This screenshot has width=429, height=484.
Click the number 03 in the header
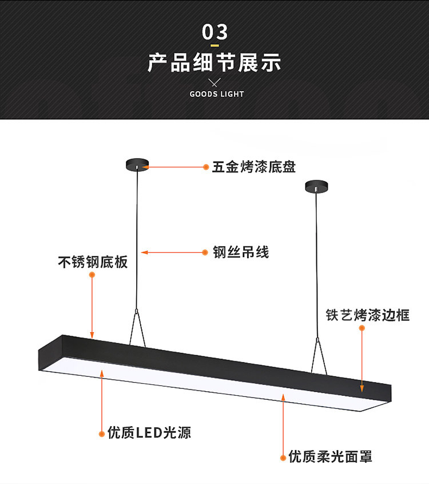214,32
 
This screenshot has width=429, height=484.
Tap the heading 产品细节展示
214,62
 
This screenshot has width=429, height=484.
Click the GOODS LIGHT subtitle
217,94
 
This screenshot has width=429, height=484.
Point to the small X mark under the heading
215,82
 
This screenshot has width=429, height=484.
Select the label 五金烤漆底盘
254,167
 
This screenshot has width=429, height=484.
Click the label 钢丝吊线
241,252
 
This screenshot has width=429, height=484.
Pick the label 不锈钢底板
93,262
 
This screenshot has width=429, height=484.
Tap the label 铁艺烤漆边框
368,315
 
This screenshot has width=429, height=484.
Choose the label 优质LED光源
149,432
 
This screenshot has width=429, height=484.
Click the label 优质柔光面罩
331,457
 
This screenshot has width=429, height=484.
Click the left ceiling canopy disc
137,164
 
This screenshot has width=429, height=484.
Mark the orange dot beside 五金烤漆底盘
206,167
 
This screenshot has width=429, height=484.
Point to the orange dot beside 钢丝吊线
206,252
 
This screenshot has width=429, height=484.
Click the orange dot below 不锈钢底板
92,275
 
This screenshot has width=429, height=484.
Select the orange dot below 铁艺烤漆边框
362,328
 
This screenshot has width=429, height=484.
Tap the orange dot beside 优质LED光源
102,432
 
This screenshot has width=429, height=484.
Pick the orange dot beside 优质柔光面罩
283,457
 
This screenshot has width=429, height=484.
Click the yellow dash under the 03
215,45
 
